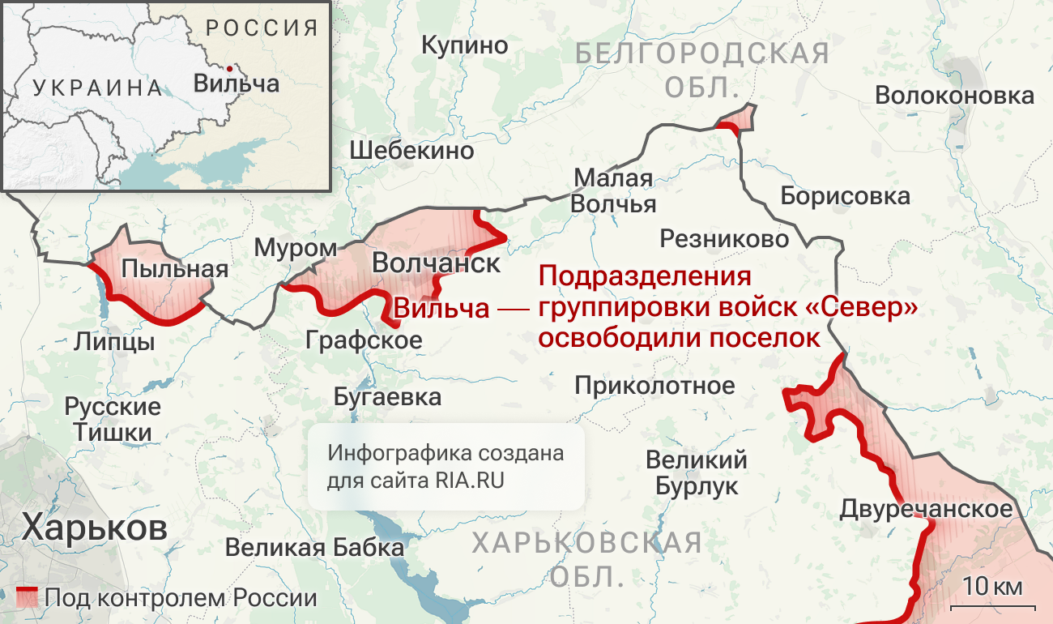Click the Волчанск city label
coord(436,263)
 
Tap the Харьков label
coord(95,528)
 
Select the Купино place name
coord(465,45)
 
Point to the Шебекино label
coord(411,150)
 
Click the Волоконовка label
coord(954,96)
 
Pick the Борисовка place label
coord(845,195)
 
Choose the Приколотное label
coord(654,385)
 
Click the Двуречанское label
coord(926,510)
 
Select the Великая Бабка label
coord(314,548)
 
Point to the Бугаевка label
coord(387,396)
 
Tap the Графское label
coord(364,340)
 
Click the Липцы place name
coord(114,341)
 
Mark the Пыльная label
coord(174,268)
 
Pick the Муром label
coord(296,248)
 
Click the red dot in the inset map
coord(231,68)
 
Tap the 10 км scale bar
coord(992,604)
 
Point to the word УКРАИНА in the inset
coord(98,88)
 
